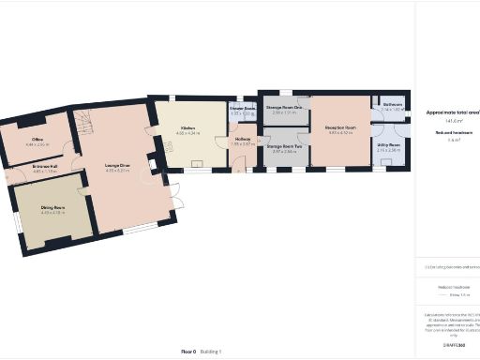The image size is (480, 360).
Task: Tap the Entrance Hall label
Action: pyautogui.click(x=44, y=167)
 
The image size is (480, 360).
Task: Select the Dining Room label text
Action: pyautogui.click(x=52, y=207)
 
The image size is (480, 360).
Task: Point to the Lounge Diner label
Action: pyautogui.click(x=118, y=166)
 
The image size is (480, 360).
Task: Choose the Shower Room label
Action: pyautogui.click(x=243, y=109)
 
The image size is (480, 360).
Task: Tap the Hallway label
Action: pyautogui.click(x=242, y=140)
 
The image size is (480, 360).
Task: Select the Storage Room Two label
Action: pyautogui.click(x=283, y=146)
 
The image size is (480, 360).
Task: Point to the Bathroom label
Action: pyautogui.click(x=393, y=104)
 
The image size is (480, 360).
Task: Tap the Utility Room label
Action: pyautogui.click(x=389, y=145)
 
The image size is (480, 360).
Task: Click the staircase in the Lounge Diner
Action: pyautogui.click(x=85, y=123)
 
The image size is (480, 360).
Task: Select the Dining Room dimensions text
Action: pyautogui.click(x=52, y=213)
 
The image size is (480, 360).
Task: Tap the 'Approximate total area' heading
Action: pyautogui.click(x=452, y=112)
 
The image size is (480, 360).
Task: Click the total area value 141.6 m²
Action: pyautogui.click(x=453, y=121)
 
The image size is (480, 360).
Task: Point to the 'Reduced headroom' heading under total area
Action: pyautogui.click(x=453, y=133)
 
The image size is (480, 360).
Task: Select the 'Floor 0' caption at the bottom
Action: pyautogui.click(x=188, y=350)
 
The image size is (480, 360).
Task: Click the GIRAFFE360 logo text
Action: pyautogui.click(x=454, y=346)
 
